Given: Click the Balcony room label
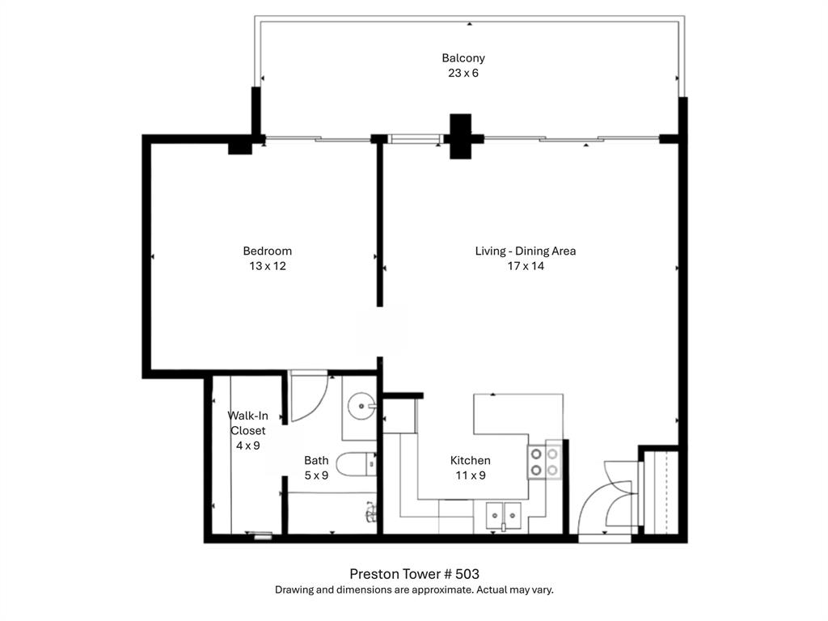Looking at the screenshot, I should click(x=463, y=58).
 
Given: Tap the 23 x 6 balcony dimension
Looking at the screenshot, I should click(x=463, y=73).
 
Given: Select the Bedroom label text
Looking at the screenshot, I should click(x=268, y=251).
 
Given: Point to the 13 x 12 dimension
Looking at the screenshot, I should click(x=268, y=266).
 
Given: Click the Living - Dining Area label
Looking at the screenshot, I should click(x=526, y=251).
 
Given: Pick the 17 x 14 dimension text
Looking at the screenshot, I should click(x=526, y=266).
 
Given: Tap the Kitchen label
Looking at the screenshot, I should click(x=470, y=460).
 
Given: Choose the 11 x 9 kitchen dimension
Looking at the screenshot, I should click(x=470, y=475).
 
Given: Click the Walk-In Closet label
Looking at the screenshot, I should click(x=247, y=423).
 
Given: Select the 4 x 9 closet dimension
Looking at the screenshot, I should click(x=247, y=446).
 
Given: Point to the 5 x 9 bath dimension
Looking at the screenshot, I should click(x=316, y=475).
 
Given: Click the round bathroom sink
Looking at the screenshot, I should click(x=361, y=406).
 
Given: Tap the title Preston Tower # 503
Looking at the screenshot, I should click(x=414, y=573).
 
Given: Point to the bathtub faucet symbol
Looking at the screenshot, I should click(x=371, y=511).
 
